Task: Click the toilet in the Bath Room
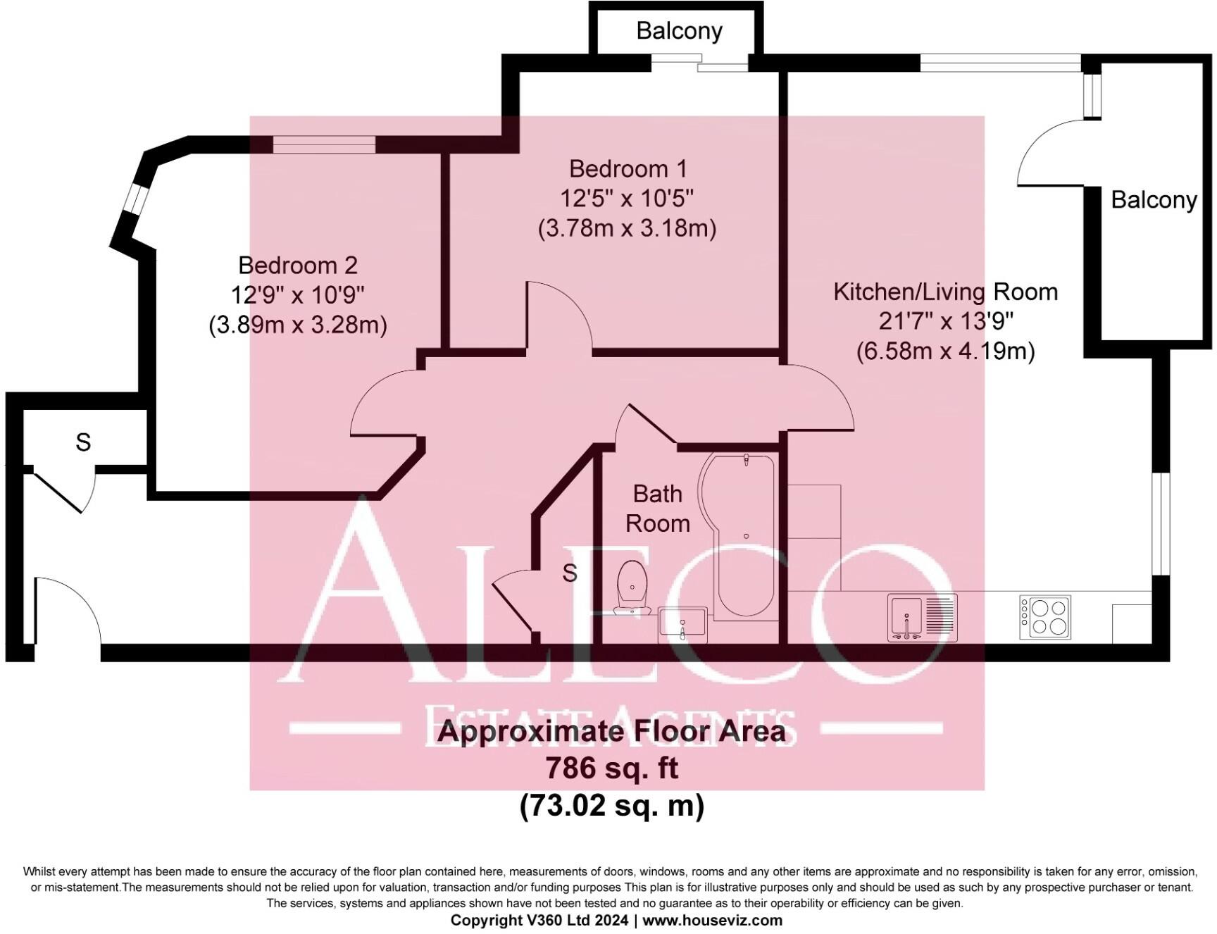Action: [x=632, y=587]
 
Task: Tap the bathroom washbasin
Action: [x=682, y=624]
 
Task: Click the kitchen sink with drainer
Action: [x=922, y=618]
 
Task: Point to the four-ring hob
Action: [x=1045, y=617]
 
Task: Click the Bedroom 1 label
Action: [x=628, y=169]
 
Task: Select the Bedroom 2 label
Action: [x=298, y=266]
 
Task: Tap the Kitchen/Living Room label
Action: [x=946, y=292]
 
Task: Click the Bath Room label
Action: [x=658, y=509]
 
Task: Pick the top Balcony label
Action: [x=679, y=31]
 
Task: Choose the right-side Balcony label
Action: [x=1154, y=200]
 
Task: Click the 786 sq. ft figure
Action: [x=612, y=768]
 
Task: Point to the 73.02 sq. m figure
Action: [x=612, y=805]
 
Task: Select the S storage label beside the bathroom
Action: [x=570, y=573]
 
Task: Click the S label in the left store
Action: [x=83, y=442]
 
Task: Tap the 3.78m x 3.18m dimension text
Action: [x=627, y=228]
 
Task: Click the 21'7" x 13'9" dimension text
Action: [x=946, y=321]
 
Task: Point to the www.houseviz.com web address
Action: [x=712, y=920]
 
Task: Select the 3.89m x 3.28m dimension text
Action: [x=298, y=325]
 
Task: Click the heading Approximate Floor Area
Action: [x=611, y=731]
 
